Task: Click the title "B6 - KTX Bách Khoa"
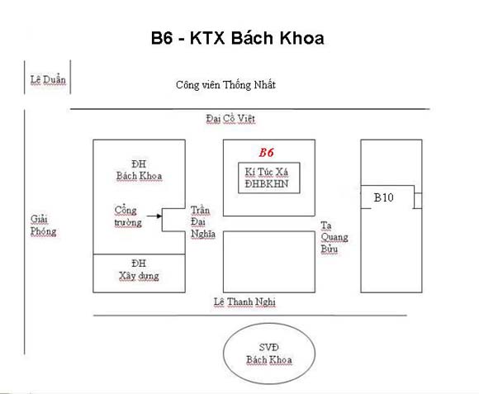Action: tap(237, 38)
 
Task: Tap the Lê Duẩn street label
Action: tap(48, 80)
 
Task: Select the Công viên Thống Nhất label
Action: tap(225, 84)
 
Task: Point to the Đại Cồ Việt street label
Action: tap(230, 118)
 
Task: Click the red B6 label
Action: tap(267, 153)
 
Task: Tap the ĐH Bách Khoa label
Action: tap(139, 170)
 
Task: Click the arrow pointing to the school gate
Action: tap(154, 216)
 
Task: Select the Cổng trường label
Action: tap(128, 216)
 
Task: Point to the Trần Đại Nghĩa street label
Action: tap(203, 222)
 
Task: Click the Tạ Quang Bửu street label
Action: tap(334, 237)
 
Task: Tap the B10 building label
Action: tap(384, 197)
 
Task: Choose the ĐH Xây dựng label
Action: tap(139, 270)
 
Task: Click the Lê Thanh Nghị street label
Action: tap(244, 301)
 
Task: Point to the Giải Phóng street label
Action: tap(43, 225)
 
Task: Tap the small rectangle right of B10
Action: tap(418, 201)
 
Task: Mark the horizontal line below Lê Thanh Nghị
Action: tap(250, 316)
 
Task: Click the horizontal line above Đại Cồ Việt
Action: tap(250, 109)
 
